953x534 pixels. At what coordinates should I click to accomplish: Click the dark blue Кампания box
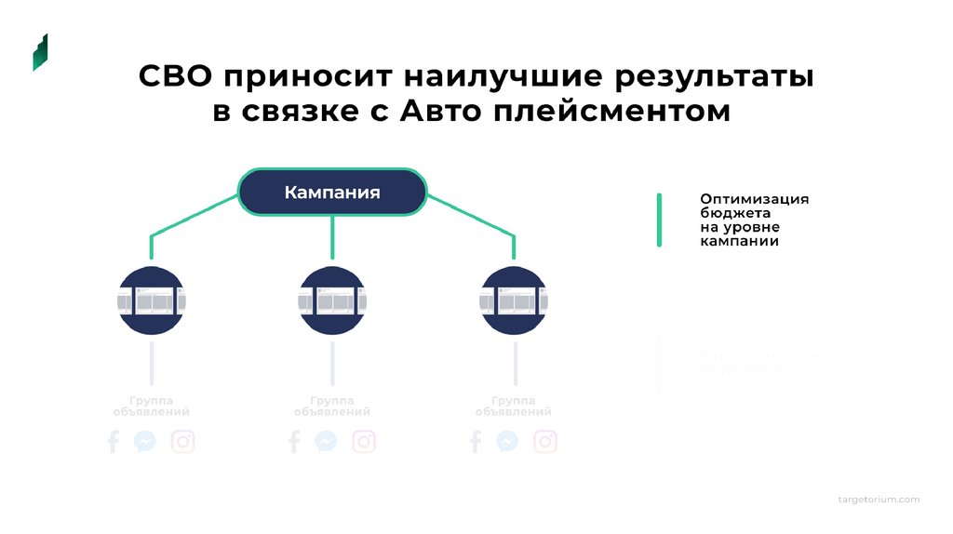click(x=332, y=193)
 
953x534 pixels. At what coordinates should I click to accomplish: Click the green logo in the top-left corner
click(x=40, y=52)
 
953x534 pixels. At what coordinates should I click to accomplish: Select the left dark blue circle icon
click(x=151, y=300)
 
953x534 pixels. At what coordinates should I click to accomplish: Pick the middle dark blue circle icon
click(x=332, y=300)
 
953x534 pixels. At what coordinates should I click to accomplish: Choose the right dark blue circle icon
click(x=514, y=300)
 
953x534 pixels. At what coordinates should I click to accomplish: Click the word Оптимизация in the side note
click(x=755, y=199)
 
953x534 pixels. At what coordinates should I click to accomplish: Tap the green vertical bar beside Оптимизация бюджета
click(x=659, y=220)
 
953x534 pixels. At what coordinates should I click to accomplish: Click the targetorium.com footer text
click(x=879, y=500)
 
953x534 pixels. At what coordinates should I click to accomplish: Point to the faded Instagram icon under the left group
click(x=183, y=441)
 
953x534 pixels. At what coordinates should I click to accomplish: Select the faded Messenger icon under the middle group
click(x=326, y=441)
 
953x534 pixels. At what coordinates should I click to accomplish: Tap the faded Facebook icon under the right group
click(x=476, y=441)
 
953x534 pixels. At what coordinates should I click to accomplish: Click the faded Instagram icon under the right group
click(x=545, y=441)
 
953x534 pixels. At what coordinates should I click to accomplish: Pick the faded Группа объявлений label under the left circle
click(x=151, y=405)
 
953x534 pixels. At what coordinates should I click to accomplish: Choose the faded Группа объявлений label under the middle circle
click(x=332, y=405)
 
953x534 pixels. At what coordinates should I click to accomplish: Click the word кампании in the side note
click(x=739, y=241)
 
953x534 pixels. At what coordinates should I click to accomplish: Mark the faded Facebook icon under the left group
click(x=114, y=441)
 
